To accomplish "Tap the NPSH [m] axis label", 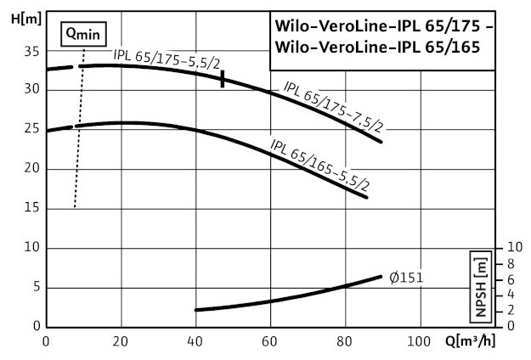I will pos(482,285).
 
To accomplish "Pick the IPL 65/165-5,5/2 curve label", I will pos(319,163).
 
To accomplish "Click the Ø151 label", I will pos(406,277).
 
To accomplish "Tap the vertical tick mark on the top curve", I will pos(223,79).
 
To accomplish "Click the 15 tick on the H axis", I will pos(33,208).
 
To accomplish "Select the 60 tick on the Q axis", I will pos(270,341).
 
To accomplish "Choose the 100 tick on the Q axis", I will pos(420,341).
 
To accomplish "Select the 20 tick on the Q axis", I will pos(121,341).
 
